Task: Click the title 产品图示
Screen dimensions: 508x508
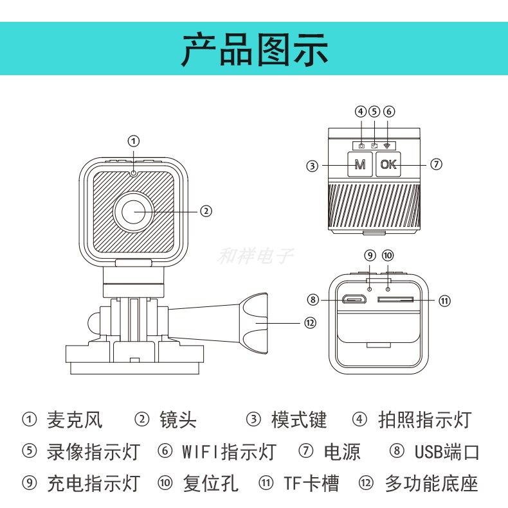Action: [255, 49]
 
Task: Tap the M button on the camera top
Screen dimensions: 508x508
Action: [360, 164]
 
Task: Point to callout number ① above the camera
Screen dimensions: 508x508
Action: [133, 141]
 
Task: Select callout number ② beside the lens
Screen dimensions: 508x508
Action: [206, 211]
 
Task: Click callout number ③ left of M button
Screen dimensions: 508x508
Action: [312, 165]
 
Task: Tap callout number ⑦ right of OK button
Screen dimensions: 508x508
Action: [437, 164]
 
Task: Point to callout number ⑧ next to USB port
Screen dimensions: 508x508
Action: [313, 299]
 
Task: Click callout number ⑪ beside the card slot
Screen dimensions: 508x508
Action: [444, 300]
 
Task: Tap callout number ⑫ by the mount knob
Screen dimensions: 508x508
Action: [311, 323]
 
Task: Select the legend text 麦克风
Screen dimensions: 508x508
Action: [75, 420]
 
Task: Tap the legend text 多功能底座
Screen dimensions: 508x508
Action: [431, 483]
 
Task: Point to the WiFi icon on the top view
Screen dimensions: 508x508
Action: [388, 146]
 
